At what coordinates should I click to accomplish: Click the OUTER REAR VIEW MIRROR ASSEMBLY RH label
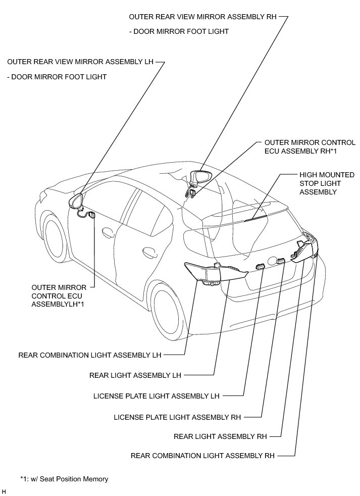tap(203, 17)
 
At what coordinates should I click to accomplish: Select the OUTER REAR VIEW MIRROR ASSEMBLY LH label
tap(80, 62)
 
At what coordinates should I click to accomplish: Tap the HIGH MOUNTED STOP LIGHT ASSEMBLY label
tap(327, 183)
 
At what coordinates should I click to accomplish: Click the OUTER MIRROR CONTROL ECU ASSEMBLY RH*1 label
tap(310, 147)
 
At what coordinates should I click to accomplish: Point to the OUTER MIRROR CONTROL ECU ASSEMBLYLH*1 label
tap(59, 296)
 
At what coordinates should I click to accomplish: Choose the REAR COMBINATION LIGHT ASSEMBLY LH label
tap(90, 355)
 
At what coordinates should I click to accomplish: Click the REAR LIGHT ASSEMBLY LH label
tap(135, 375)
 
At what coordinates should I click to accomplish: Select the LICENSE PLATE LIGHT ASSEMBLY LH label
tap(157, 396)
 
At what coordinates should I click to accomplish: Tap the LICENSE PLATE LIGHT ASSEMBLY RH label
tap(177, 417)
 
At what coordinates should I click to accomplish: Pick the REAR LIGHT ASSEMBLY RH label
tap(221, 436)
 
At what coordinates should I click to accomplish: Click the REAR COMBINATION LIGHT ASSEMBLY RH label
tap(203, 456)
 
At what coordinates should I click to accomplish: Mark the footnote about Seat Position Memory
tap(64, 479)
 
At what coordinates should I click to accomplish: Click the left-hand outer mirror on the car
tap(76, 201)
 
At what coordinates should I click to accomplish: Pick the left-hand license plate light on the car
tap(260, 266)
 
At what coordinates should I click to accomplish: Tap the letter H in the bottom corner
tap(4, 491)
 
